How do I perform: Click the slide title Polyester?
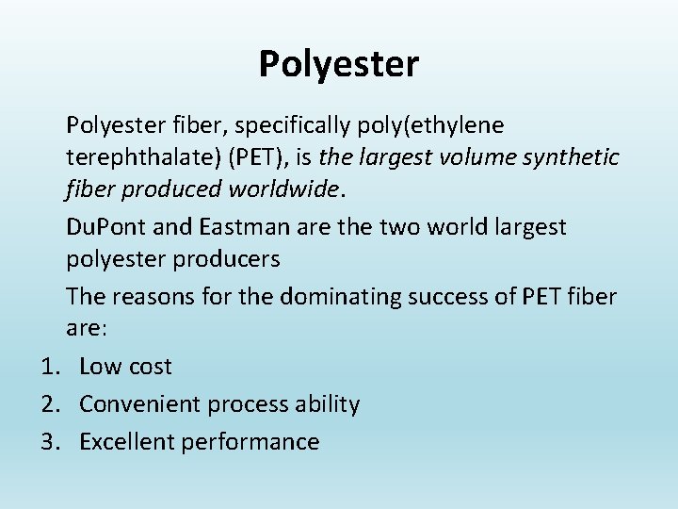pyautogui.click(x=339, y=65)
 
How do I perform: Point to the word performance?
pyautogui.click(x=255, y=442)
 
